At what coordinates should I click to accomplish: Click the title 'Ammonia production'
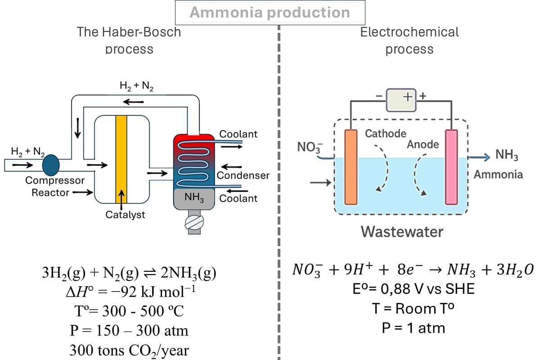pyautogui.click(x=270, y=12)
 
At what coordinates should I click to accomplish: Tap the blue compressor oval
pyautogui.click(x=51, y=164)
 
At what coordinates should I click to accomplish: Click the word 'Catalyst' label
pyautogui.click(x=125, y=215)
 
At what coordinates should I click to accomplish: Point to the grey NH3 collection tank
pyautogui.click(x=194, y=198)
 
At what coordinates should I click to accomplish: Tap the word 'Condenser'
pyautogui.click(x=243, y=175)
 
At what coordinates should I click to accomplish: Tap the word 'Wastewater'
pyautogui.click(x=402, y=232)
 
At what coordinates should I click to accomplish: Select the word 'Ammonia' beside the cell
pyautogui.click(x=498, y=174)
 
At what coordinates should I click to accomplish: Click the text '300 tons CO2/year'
pyautogui.click(x=129, y=350)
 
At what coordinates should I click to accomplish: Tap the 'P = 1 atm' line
pyautogui.click(x=413, y=328)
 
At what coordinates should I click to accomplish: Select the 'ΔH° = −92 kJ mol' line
pyautogui.click(x=130, y=292)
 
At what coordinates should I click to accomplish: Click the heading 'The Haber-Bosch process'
pyautogui.click(x=129, y=40)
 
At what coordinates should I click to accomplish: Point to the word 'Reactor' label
pyautogui.click(x=50, y=193)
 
